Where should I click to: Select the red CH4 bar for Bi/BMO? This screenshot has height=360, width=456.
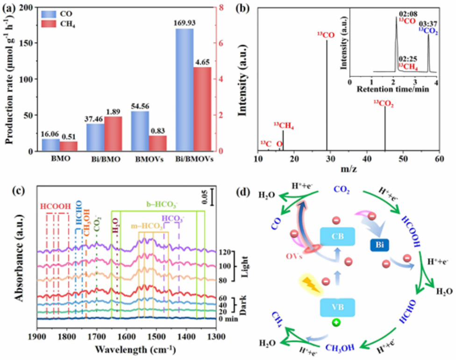[113, 134]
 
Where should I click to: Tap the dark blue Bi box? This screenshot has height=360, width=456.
[380, 244]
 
